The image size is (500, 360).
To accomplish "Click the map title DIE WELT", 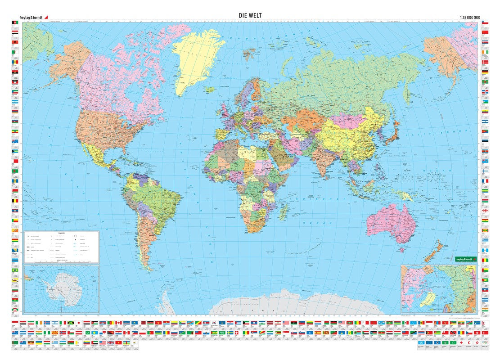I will click(250, 15).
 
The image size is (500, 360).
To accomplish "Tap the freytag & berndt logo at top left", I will click(31, 18).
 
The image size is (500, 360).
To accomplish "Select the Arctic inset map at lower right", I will click(438, 288).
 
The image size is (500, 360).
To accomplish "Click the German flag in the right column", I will click(485, 72).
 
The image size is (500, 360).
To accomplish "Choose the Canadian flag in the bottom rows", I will click(118, 323).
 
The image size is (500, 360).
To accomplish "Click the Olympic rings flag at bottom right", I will click(485, 342).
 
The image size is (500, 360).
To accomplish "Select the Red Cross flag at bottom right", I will click(461, 342).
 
